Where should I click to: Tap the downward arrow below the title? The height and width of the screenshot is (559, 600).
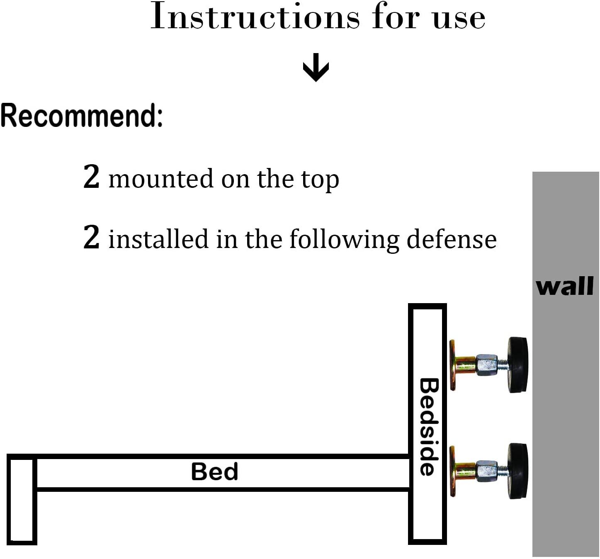coord(316,67)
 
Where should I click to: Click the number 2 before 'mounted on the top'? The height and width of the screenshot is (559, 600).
coord(91,177)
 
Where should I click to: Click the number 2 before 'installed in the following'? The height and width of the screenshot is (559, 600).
coord(91,237)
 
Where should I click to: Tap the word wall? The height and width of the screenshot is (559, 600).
coord(565,287)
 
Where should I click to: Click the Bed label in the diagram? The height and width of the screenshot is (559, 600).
coord(214,472)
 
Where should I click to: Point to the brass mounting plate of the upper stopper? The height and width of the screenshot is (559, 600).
coord(454,365)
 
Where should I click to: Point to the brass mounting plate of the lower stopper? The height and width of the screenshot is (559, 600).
coord(454,471)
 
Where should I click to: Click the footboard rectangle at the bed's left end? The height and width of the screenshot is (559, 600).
coord(22,499)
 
